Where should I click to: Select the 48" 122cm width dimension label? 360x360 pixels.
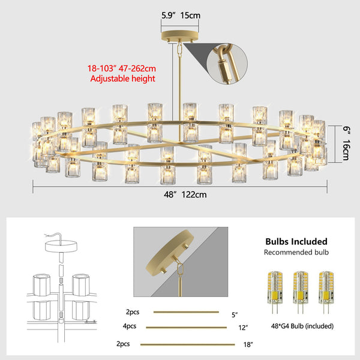180,194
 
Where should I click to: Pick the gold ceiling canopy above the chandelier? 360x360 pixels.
181,35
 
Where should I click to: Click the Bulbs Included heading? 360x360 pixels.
296,242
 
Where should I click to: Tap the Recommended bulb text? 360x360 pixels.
296,253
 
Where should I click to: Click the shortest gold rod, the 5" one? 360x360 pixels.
185,311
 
